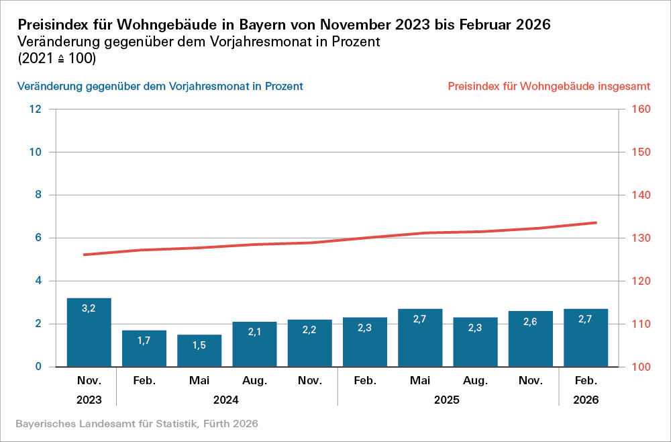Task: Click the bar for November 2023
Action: click(89, 333)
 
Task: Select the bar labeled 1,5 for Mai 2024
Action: click(199, 351)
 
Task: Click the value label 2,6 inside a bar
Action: click(531, 322)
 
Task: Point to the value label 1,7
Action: click(144, 341)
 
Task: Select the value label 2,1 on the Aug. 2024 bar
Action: click(254, 333)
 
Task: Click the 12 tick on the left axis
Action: click(36, 109)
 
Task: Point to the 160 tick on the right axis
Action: click(642, 109)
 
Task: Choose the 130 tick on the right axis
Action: click(642, 238)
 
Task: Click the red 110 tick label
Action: click(642, 324)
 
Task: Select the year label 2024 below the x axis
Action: click(227, 400)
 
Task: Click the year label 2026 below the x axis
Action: click(586, 400)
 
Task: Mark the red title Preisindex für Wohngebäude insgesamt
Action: click(548, 87)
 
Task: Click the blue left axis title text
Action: click(160, 87)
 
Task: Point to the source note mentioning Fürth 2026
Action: click(136, 425)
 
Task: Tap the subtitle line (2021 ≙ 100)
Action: click(56, 59)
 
